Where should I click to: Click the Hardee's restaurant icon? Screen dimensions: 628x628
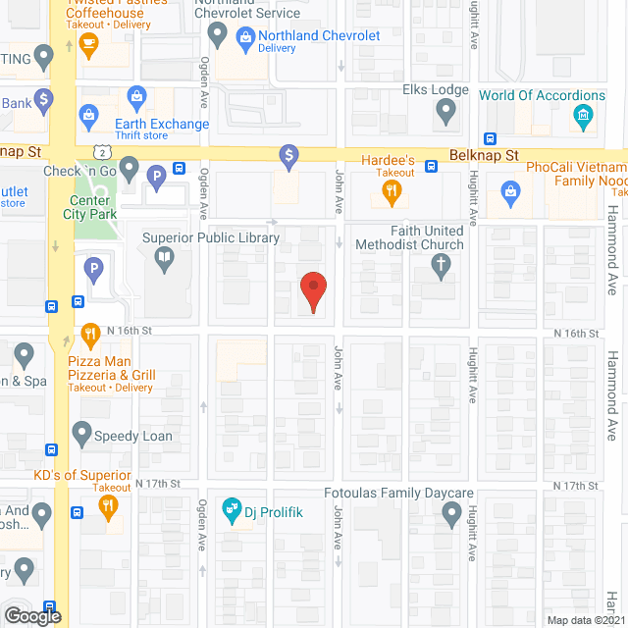tap(392, 192)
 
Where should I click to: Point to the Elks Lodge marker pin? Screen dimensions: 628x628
tap(446, 115)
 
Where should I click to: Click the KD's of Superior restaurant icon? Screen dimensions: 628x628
tap(108, 507)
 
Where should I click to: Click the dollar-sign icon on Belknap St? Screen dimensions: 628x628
tap(288, 154)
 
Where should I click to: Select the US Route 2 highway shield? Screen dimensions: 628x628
tap(101, 150)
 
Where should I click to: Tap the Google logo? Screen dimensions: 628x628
tap(33, 615)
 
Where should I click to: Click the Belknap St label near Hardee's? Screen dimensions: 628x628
tap(484, 155)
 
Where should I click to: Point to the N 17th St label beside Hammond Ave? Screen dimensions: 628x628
tap(576, 486)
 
